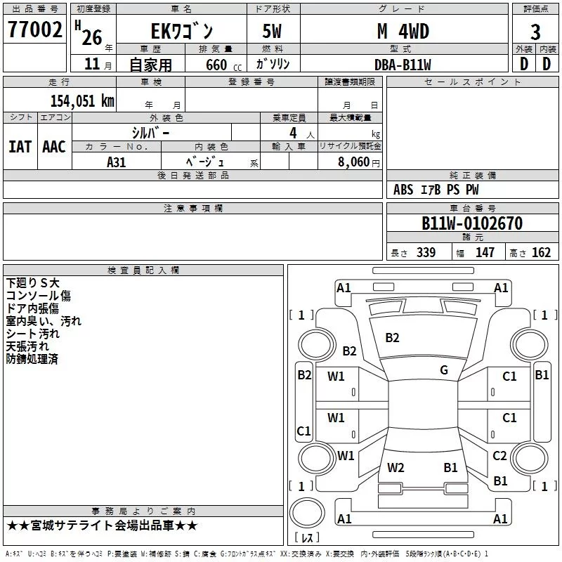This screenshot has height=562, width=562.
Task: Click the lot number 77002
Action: pyautogui.click(x=35, y=31)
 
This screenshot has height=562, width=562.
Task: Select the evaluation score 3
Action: pyautogui.click(x=535, y=32)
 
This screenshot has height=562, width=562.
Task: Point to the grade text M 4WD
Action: pyautogui.click(x=403, y=32)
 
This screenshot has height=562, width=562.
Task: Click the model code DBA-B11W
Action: pyautogui.click(x=403, y=65)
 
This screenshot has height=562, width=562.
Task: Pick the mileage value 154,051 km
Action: pyautogui.click(x=82, y=100)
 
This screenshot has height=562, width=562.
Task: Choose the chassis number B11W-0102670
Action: pyautogui.click(x=472, y=224)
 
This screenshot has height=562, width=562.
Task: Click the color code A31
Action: pyautogui.click(x=117, y=161)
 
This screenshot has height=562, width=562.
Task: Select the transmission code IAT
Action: pyautogui.click(x=20, y=146)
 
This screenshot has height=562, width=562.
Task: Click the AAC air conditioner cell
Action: pyautogui.click(x=53, y=146)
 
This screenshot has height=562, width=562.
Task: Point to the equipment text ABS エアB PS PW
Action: pyautogui.click(x=436, y=190)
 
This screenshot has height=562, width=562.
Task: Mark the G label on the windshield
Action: pyautogui.click(x=443, y=370)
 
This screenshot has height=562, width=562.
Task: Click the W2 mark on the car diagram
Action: pyautogui.click(x=396, y=468)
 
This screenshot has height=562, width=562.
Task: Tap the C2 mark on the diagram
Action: pyautogui.click(x=499, y=456)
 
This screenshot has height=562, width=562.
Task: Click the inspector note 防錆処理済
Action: pyautogui.click(x=32, y=359)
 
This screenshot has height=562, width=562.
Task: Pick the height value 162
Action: pyautogui.click(x=541, y=253)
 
